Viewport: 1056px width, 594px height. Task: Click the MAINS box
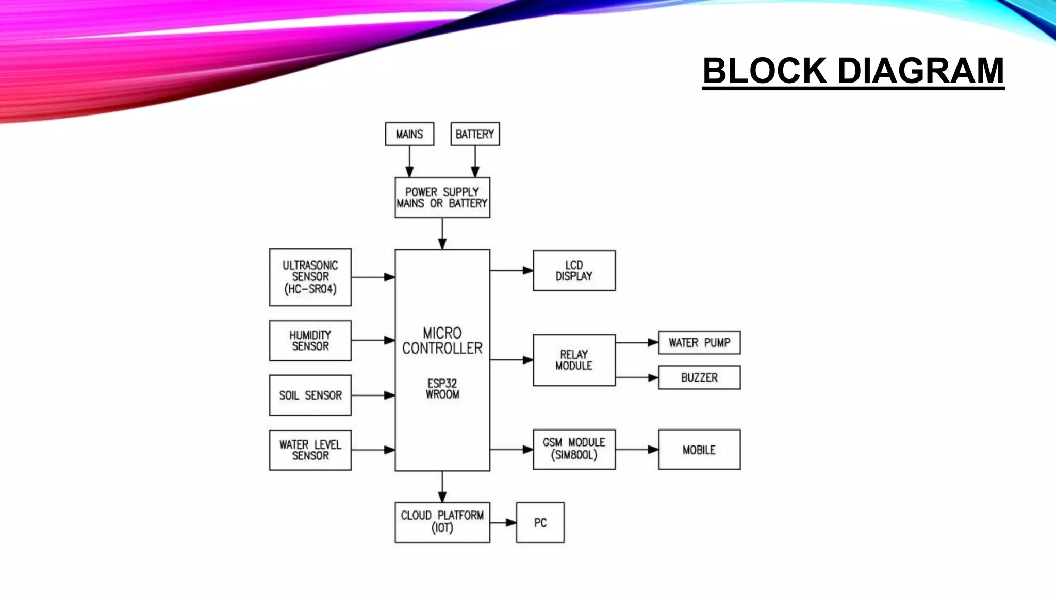coord(409,134)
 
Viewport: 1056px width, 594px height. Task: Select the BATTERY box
coord(475,134)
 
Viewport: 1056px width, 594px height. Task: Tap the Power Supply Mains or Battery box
coord(442,197)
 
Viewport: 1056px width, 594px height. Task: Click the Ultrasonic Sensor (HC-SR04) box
coord(310,277)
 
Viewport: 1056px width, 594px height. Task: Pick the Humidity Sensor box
coord(310,341)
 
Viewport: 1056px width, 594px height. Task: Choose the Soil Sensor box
coord(310,395)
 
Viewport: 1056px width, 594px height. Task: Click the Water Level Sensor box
coord(310,450)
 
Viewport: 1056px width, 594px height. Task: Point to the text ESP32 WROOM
coord(442,389)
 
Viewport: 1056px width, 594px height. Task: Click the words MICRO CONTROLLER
coord(442,341)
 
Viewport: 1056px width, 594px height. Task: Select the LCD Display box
coord(574,271)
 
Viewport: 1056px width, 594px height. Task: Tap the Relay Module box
coord(574,360)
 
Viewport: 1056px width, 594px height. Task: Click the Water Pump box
coord(699,343)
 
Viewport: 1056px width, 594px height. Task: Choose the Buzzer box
coord(699,377)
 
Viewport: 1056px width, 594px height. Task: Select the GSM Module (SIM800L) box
coord(574,449)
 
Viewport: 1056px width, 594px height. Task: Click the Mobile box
coord(699,450)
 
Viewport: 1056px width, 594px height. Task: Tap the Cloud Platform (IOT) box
coord(442,522)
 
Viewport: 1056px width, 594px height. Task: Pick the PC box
coord(540,523)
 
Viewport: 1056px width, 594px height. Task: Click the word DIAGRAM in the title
coord(921,71)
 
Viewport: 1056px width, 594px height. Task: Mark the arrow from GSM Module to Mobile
coord(637,450)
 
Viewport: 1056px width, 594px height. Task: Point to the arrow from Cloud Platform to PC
coord(503,523)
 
